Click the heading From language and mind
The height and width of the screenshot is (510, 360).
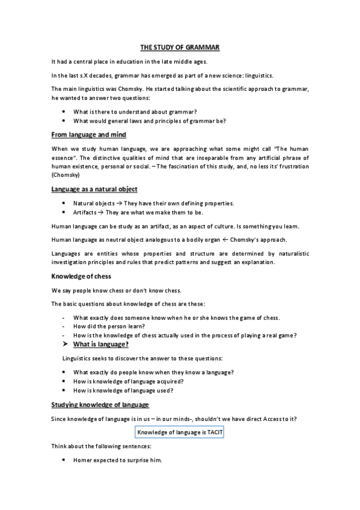pyautogui.click(x=88, y=134)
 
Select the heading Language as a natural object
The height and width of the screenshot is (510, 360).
pyautogui.click(x=95, y=189)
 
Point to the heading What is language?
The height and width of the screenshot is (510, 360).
pyautogui.click(x=100, y=344)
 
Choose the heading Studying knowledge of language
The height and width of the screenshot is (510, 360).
pyautogui.click(x=100, y=404)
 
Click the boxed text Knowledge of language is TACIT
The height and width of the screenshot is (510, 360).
pyautogui.click(x=180, y=432)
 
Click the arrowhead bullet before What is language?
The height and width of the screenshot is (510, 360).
pyautogui.click(x=66, y=344)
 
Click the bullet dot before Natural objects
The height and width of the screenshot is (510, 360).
pyautogui.click(x=64, y=203)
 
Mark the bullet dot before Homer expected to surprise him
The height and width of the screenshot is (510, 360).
pyautogui.click(x=64, y=460)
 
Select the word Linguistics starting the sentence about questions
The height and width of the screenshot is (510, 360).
pyautogui.click(x=78, y=358)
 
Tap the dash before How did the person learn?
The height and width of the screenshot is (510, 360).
pyautogui.click(x=63, y=326)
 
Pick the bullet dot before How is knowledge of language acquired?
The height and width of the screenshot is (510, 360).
pyautogui.click(x=64, y=381)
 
